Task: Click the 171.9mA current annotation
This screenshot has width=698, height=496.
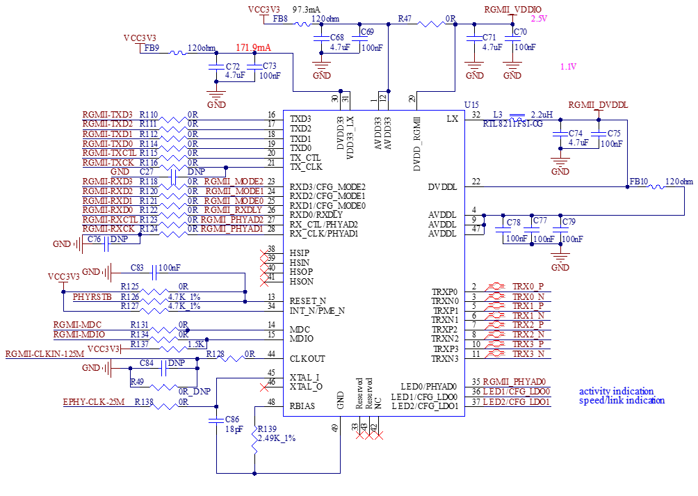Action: pos(254,48)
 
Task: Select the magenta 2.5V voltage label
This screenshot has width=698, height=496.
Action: pos(539,19)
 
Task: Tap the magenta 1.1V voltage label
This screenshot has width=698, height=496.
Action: pos(569,67)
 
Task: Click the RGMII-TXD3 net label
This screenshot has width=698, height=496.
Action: pos(108,114)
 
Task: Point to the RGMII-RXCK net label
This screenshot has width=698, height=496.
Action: pos(108,229)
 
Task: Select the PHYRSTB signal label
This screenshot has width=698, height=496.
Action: pos(92,296)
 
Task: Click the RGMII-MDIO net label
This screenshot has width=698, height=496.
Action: pos(79,335)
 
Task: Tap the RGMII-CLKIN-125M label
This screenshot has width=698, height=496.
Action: pos(44,354)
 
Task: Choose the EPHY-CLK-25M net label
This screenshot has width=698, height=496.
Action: pos(94,402)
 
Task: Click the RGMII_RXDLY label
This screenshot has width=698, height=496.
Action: pos(234,210)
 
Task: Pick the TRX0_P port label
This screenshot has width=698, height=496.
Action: pos(528,287)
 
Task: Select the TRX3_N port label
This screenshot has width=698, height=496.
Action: pos(528,354)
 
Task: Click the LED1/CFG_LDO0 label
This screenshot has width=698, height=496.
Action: pos(517,392)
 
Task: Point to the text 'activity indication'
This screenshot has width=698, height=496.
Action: pos(616,391)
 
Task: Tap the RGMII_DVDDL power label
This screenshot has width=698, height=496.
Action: pos(599,105)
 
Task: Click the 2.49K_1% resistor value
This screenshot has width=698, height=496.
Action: pos(277,438)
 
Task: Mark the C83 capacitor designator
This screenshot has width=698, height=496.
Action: pos(137,267)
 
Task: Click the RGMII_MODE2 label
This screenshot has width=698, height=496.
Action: pos(234,181)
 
